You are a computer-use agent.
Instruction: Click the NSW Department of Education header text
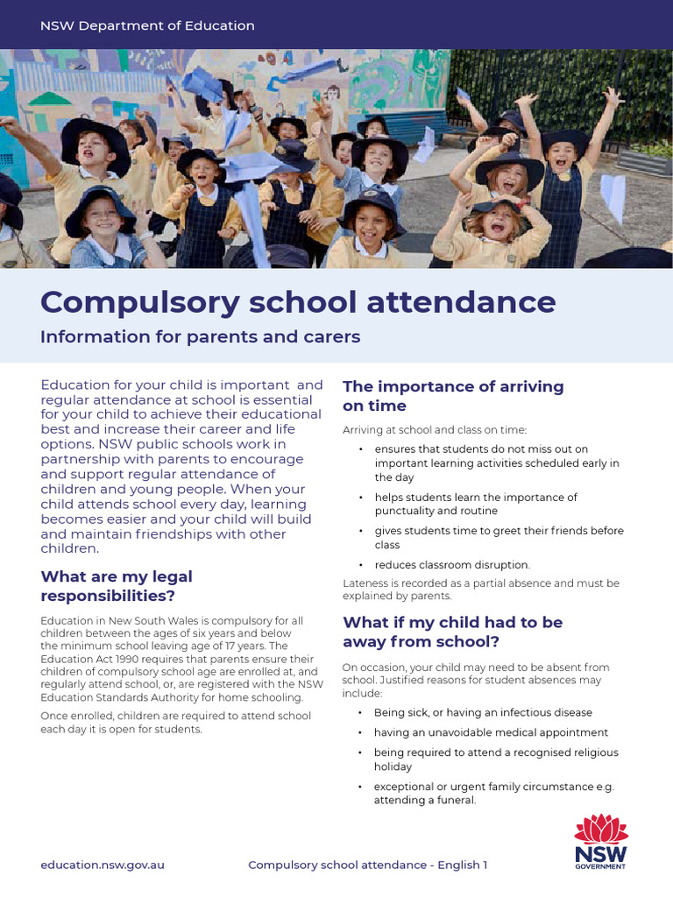(147, 25)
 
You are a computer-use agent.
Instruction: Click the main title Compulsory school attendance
(298, 301)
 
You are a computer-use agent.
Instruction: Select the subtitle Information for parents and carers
(201, 336)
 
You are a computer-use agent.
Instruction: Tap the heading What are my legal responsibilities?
(117, 586)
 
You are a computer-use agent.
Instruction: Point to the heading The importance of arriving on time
(453, 396)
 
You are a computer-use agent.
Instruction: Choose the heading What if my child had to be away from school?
(452, 632)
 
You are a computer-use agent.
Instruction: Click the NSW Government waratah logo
(600, 841)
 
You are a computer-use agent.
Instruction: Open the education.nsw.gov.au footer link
(103, 865)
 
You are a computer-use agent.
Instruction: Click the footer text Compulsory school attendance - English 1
(367, 865)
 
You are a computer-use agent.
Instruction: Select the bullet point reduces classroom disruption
(452, 565)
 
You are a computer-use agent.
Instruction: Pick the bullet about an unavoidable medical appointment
(491, 732)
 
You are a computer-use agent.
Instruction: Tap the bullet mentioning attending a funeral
(494, 794)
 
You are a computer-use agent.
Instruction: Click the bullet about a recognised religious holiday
(496, 759)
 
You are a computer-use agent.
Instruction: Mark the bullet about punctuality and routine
(476, 504)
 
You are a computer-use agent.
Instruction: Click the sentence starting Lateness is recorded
(480, 589)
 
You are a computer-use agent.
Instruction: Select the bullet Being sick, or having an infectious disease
(483, 712)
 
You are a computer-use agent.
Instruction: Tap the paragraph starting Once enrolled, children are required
(175, 723)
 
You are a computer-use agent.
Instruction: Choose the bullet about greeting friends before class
(499, 538)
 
